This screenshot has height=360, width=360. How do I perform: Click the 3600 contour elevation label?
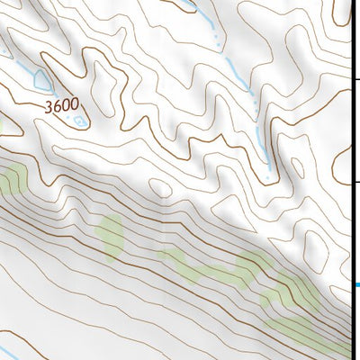coord(59,105)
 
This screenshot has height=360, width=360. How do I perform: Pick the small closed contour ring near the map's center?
coord(161,186)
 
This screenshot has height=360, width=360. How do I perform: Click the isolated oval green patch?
coord(112,234)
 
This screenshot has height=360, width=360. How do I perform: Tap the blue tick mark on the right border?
coord(355,286)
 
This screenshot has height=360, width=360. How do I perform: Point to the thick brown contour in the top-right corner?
coord(328,18)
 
